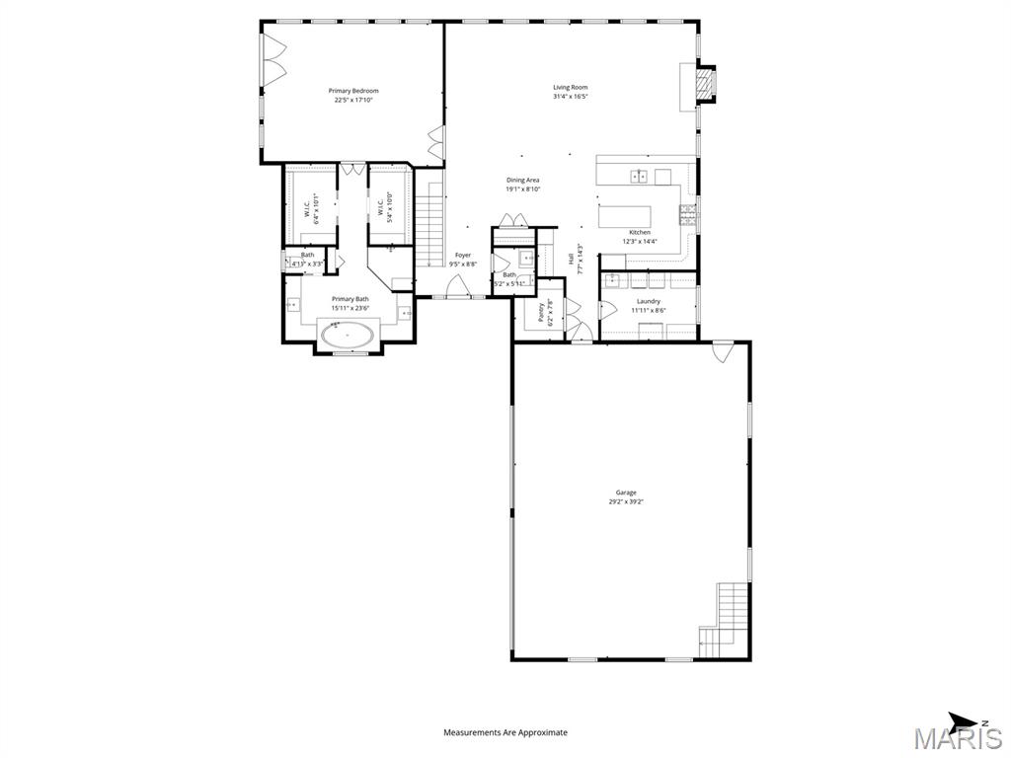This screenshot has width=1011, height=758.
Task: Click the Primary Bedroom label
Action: pyautogui.click(x=353, y=91)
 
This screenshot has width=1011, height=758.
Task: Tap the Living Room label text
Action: pyautogui.click(x=570, y=87)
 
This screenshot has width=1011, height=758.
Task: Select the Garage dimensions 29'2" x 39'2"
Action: pyautogui.click(x=626, y=501)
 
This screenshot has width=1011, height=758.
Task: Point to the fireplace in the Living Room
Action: pyautogui.click(x=704, y=83)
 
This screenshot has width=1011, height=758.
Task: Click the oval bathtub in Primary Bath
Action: pyautogui.click(x=347, y=336)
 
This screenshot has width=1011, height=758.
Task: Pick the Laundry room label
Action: pyautogui.click(x=648, y=301)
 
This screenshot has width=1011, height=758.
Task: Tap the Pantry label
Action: pyautogui.click(x=541, y=313)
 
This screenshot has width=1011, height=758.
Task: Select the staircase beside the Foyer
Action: pyautogui.click(x=428, y=232)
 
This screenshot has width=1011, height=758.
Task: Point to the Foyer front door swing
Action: pyautogui.click(x=457, y=286)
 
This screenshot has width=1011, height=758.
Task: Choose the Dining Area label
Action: pyautogui.click(x=522, y=180)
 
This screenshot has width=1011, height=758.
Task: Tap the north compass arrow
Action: pyautogui.click(x=963, y=720)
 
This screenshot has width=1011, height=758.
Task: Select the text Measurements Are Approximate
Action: pyautogui.click(x=505, y=732)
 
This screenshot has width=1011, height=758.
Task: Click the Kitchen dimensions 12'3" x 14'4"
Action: pyautogui.click(x=640, y=241)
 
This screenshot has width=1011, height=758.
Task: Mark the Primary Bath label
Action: pyautogui.click(x=350, y=299)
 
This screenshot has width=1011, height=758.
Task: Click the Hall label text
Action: pyautogui.click(x=572, y=259)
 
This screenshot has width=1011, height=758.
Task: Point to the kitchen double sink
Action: pyautogui.click(x=639, y=177)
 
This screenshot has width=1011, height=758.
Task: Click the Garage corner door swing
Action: pyautogui.click(x=723, y=349)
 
